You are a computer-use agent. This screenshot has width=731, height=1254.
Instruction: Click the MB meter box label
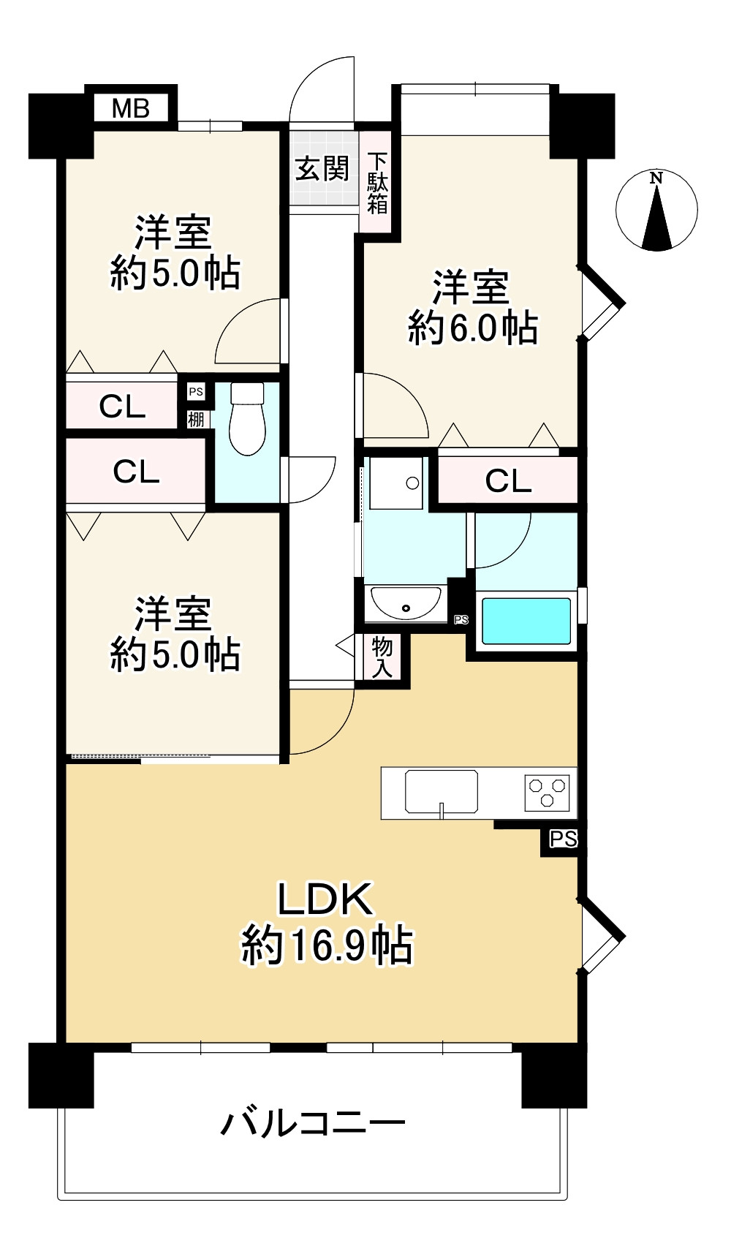tap(131, 109)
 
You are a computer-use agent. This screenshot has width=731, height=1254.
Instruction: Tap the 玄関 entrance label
tap(322, 169)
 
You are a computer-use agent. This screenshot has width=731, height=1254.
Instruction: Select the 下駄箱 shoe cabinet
tap(377, 183)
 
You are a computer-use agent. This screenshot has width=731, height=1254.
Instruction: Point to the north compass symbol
tap(656, 211)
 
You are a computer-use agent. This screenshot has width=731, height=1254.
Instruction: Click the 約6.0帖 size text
tap(473, 328)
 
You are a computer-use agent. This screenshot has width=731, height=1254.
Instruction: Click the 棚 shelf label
tap(196, 419)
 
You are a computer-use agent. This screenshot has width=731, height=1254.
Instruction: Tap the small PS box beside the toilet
tap(196, 392)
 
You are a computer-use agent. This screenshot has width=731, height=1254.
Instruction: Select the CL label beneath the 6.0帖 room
tap(508, 481)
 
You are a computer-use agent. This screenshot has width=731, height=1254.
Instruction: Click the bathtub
tap(526, 622)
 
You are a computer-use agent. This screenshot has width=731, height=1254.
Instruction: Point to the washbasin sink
tap(406, 603)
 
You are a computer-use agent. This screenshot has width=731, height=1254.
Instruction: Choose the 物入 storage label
tap(382, 656)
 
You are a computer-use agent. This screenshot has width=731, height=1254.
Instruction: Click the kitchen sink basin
tap(442, 791)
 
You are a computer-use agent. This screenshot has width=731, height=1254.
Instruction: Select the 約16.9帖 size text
tap(327, 945)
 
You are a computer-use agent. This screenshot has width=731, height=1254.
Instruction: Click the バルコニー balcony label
tap(313, 1122)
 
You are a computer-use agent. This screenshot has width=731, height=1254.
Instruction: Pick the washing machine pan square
tap(396, 483)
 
